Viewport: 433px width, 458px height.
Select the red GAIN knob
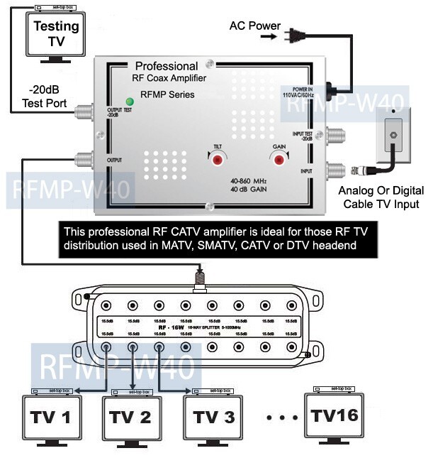point(280,160)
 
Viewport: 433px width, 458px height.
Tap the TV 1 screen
point(51,417)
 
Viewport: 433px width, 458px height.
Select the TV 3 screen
point(213,417)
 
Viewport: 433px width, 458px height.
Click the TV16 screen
point(333,413)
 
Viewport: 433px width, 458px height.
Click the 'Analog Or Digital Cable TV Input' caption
point(381,197)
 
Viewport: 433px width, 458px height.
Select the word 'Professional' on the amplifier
point(166,65)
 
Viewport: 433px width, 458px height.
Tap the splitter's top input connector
point(201,278)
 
